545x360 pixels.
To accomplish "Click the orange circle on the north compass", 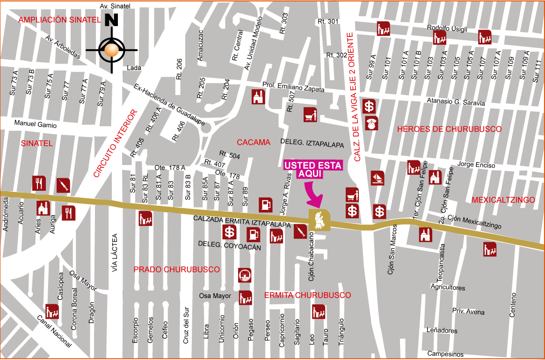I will [x=112, y=50].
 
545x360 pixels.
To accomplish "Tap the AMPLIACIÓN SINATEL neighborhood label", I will [x=59, y=20].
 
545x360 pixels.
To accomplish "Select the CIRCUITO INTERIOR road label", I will [x=116, y=143].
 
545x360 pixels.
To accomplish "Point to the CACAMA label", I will [x=254, y=142].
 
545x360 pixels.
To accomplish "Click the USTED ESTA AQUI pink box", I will [x=313, y=169].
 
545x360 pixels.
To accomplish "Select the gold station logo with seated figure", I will [x=320, y=220].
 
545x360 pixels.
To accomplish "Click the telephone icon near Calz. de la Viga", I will [x=371, y=123].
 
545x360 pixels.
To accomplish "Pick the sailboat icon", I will [x=378, y=178].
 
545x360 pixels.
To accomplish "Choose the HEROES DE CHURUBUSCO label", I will [x=449, y=129].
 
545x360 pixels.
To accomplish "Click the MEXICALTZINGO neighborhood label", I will [x=503, y=200].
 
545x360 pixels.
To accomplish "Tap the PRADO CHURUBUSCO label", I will [x=177, y=270].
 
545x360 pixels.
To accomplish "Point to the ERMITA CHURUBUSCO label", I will [x=307, y=295].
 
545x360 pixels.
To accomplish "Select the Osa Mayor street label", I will [x=215, y=295].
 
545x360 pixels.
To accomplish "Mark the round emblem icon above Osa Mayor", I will [x=245, y=275].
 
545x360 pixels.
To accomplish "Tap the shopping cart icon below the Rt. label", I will [x=310, y=114].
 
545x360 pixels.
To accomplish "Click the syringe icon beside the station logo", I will [x=300, y=231].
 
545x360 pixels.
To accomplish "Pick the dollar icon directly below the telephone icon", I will [x=379, y=211].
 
